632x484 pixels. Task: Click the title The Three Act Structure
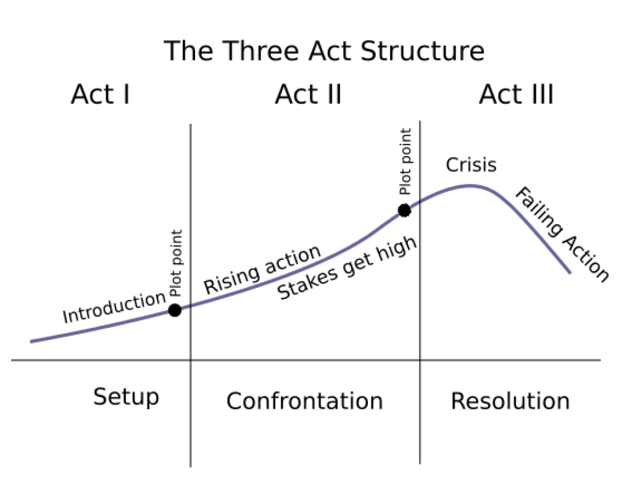[x=323, y=51]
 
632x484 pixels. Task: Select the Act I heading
[x=100, y=95]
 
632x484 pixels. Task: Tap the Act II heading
[x=308, y=95]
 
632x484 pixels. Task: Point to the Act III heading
[x=516, y=95]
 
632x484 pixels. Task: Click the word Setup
[x=126, y=397]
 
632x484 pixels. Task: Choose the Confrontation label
[x=304, y=401]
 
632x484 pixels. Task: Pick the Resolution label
[x=510, y=401]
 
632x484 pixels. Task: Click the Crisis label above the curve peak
[x=471, y=165]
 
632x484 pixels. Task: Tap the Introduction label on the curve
[x=114, y=307]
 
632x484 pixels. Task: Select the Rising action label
[x=262, y=269]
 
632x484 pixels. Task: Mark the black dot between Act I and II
[x=175, y=310]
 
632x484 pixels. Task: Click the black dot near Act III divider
[x=404, y=211]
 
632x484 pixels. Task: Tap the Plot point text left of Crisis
[x=405, y=162]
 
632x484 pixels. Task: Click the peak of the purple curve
[x=470, y=185]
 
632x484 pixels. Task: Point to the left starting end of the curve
[x=31, y=341]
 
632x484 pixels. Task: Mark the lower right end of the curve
[x=568, y=272]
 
